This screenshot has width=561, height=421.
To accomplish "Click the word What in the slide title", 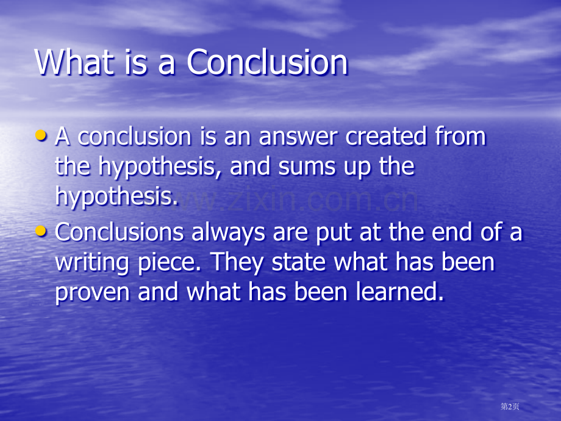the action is [x=73, y=62].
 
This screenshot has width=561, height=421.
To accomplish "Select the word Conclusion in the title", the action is [x=267, y=62].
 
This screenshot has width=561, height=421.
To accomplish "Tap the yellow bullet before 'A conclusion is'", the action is [x=41, y=135].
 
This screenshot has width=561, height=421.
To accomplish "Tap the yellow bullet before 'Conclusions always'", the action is [x=41, y=231].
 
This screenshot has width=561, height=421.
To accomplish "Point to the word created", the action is [x=386, y=137].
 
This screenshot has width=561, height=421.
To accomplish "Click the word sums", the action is [x=307, y=167].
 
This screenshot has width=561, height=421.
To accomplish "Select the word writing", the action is [x=91, y=264].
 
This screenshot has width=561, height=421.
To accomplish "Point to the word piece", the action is [x=170, y=264].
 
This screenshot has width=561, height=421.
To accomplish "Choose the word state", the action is [x=298, y=262].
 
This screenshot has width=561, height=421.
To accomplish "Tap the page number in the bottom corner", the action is [x=510, y=406].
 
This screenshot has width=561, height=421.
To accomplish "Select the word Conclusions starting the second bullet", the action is [x=119, y=232].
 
